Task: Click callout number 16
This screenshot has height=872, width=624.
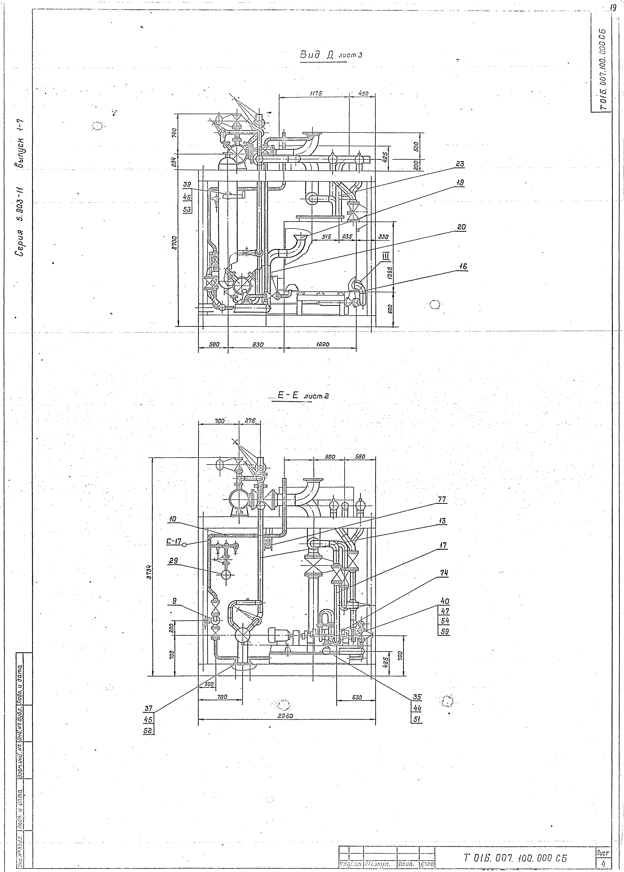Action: coord(463,266)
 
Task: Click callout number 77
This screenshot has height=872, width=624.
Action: coord(442,499)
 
